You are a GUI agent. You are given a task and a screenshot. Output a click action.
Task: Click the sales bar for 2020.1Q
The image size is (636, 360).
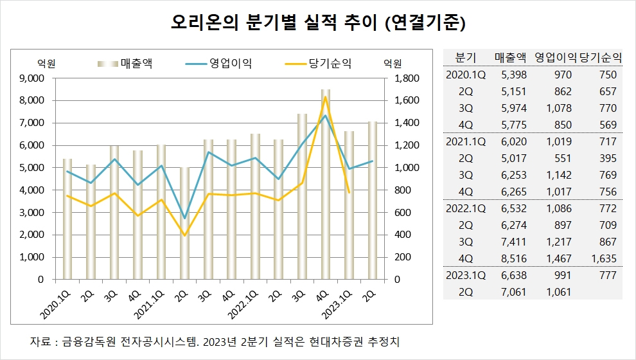coord(67,219)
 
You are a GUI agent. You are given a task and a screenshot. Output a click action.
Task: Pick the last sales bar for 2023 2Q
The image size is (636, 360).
coord(371,200)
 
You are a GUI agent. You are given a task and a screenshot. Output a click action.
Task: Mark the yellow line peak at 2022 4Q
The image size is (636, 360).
coord(326,97)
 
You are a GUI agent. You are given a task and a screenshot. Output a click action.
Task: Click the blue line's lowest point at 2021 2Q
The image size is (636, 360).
coord(186,218)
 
